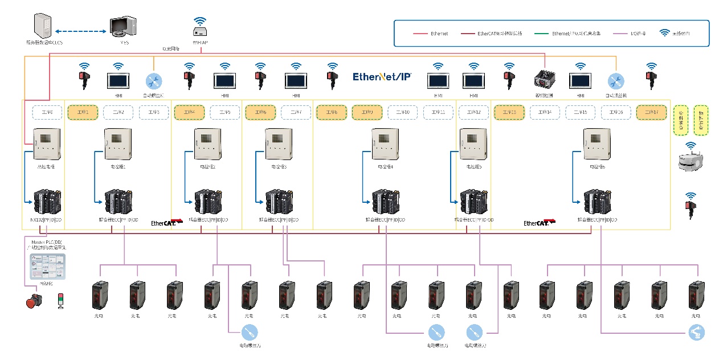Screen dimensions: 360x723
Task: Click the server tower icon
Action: click(43, 26)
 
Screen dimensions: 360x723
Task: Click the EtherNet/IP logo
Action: click(382, 76)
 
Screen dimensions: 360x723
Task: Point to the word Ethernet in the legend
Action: click(439, 34)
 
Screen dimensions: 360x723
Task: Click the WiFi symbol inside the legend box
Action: click(664, 32)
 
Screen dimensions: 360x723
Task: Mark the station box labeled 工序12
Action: click(474, 113)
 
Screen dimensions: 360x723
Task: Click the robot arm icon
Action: click(696, 332)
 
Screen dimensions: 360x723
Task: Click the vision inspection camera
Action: click(545, 79)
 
